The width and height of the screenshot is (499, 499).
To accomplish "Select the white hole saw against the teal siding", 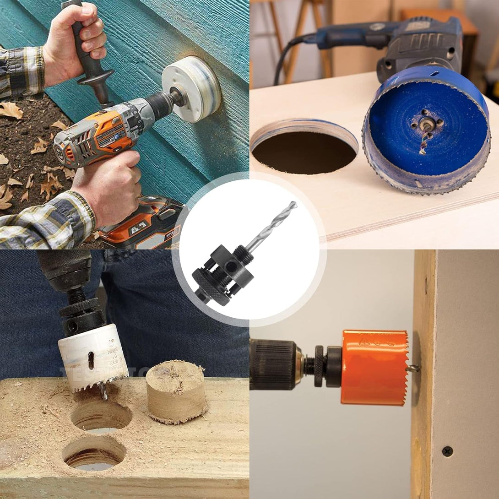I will pos(192,89).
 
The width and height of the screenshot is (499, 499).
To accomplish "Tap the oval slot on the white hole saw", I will pos(91,360).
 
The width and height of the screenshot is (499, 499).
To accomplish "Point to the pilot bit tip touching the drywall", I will pos(414,368).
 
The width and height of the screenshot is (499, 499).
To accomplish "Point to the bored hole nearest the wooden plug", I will pos(101,416).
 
